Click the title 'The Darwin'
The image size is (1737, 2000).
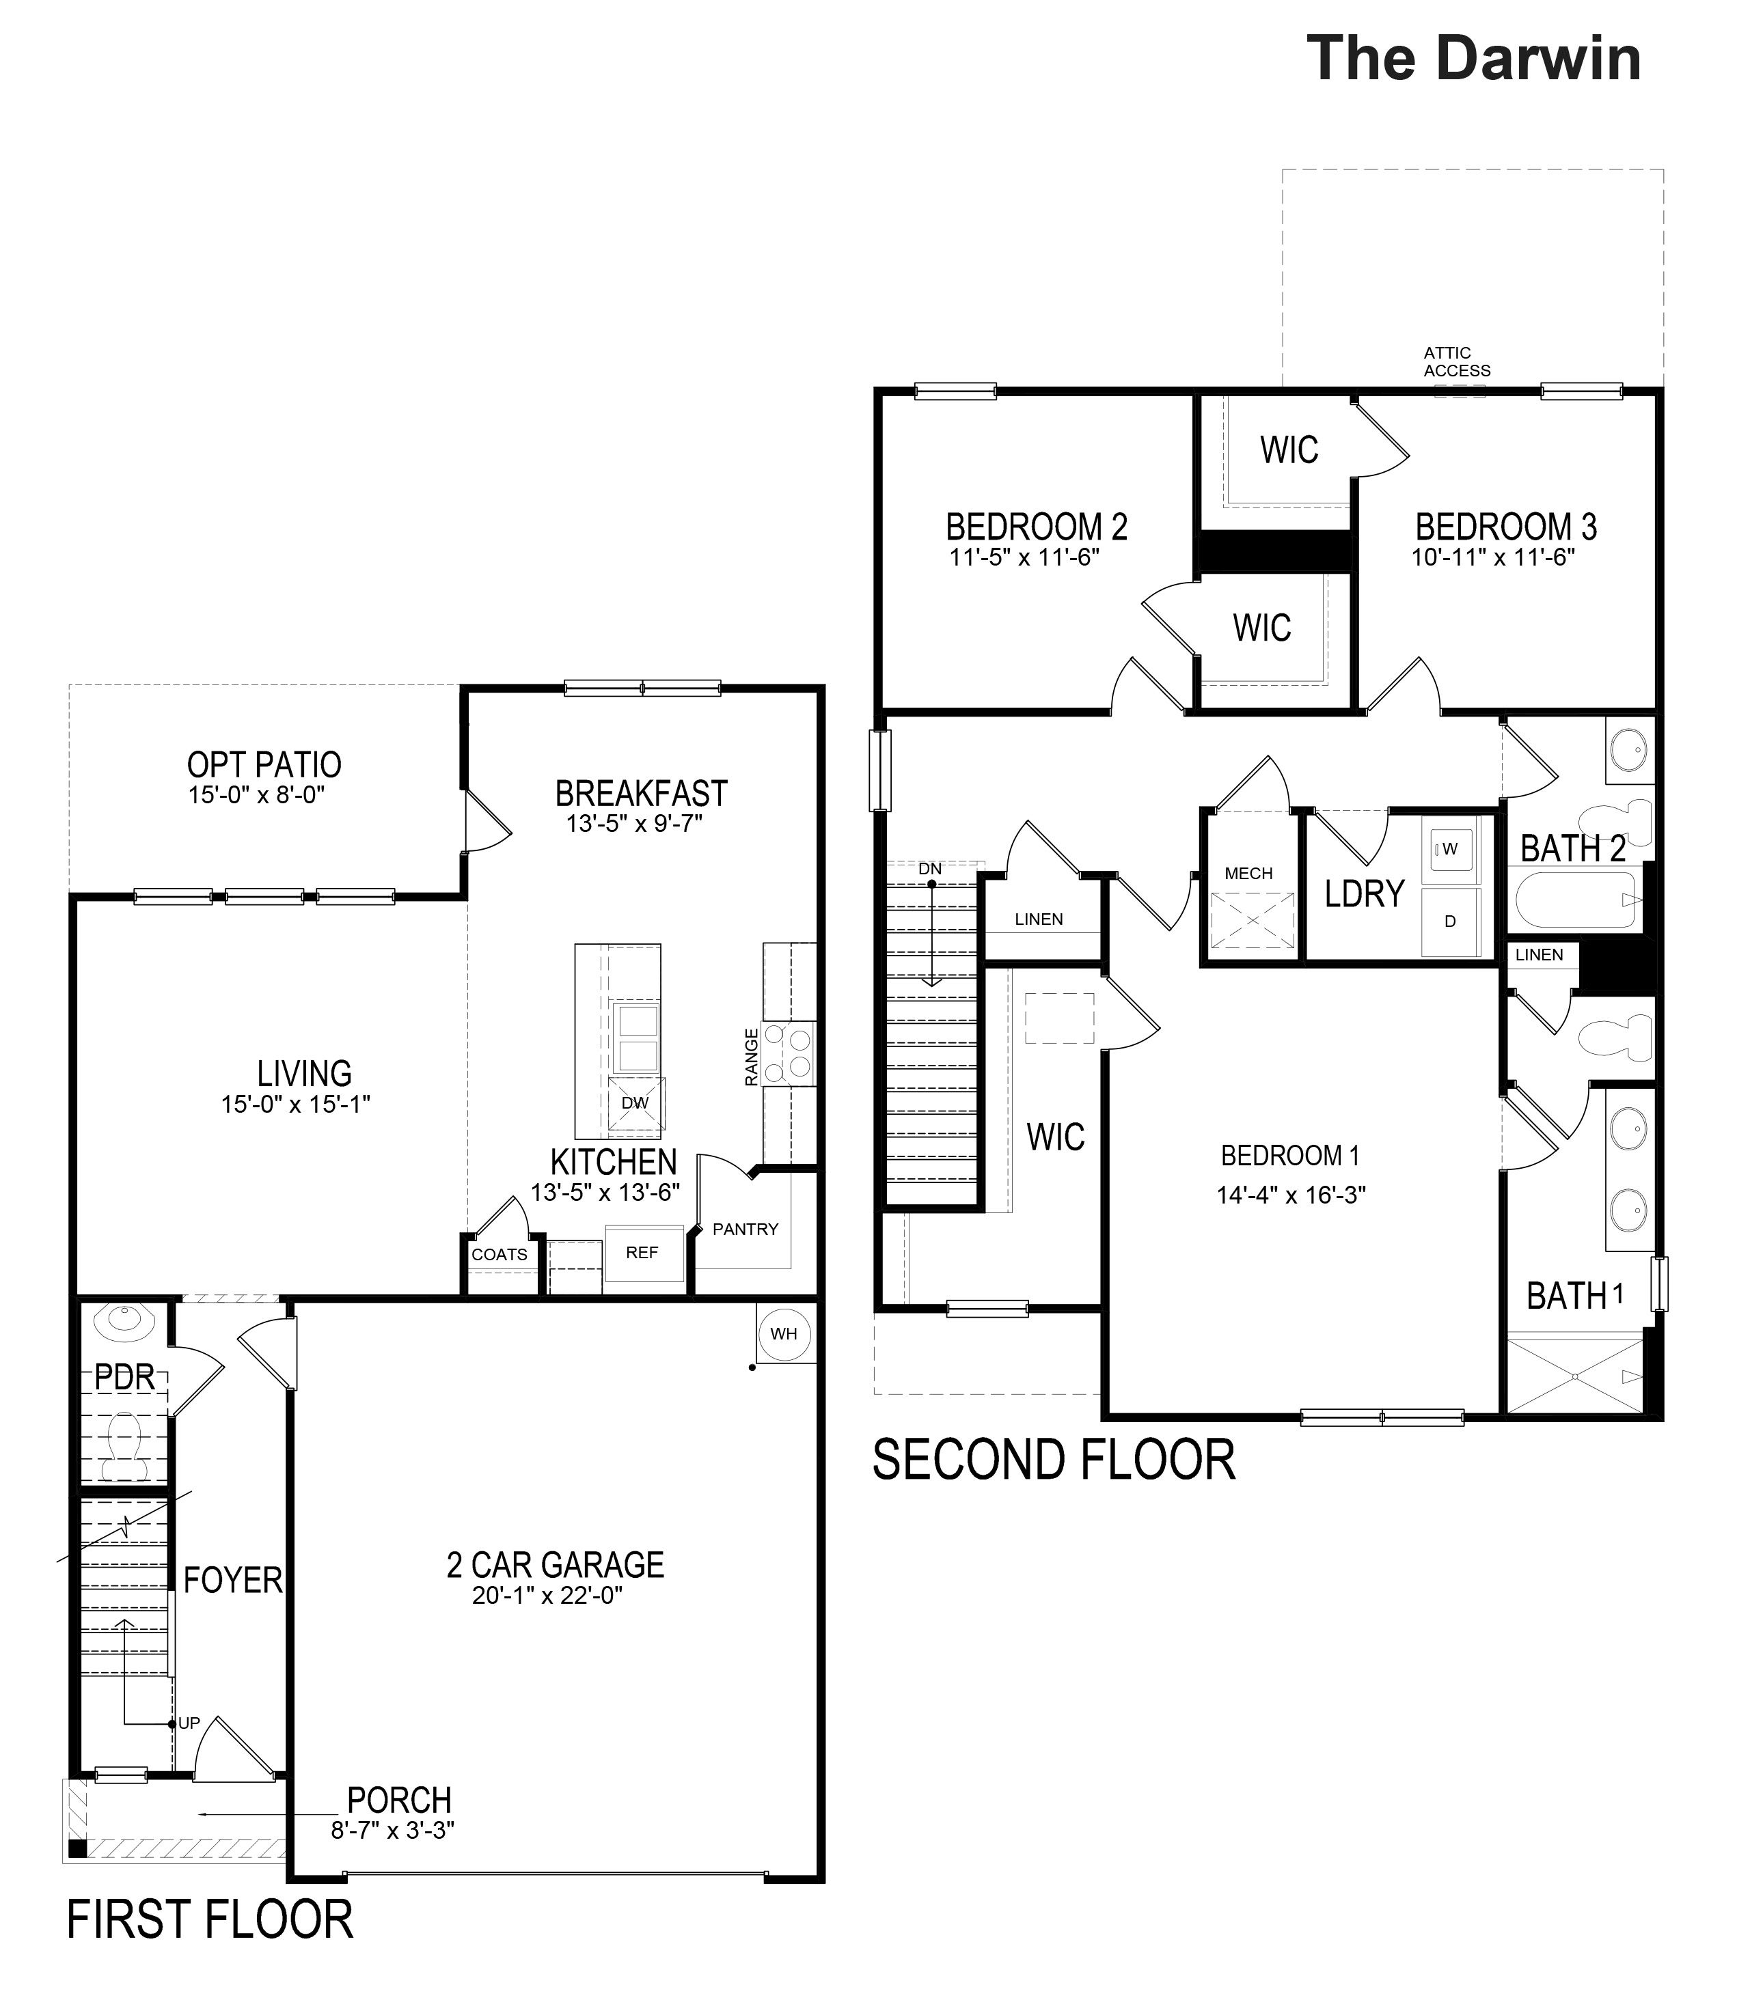[1473, 58]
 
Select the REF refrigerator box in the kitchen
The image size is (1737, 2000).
[642, 1253]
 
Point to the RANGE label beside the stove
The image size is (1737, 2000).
[751, 1057]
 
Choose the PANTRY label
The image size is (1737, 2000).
[746, 1230]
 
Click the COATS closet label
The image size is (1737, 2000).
[500, 1255]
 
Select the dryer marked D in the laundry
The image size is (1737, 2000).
[1450, 921]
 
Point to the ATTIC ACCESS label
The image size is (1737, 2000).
[1457, 361]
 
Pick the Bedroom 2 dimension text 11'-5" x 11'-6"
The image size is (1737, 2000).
[1024, 557]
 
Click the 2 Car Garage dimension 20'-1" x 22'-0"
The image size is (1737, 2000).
[547, 1596]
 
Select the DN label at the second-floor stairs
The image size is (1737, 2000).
[929, 869]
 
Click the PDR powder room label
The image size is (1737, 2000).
[125, 1378]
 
